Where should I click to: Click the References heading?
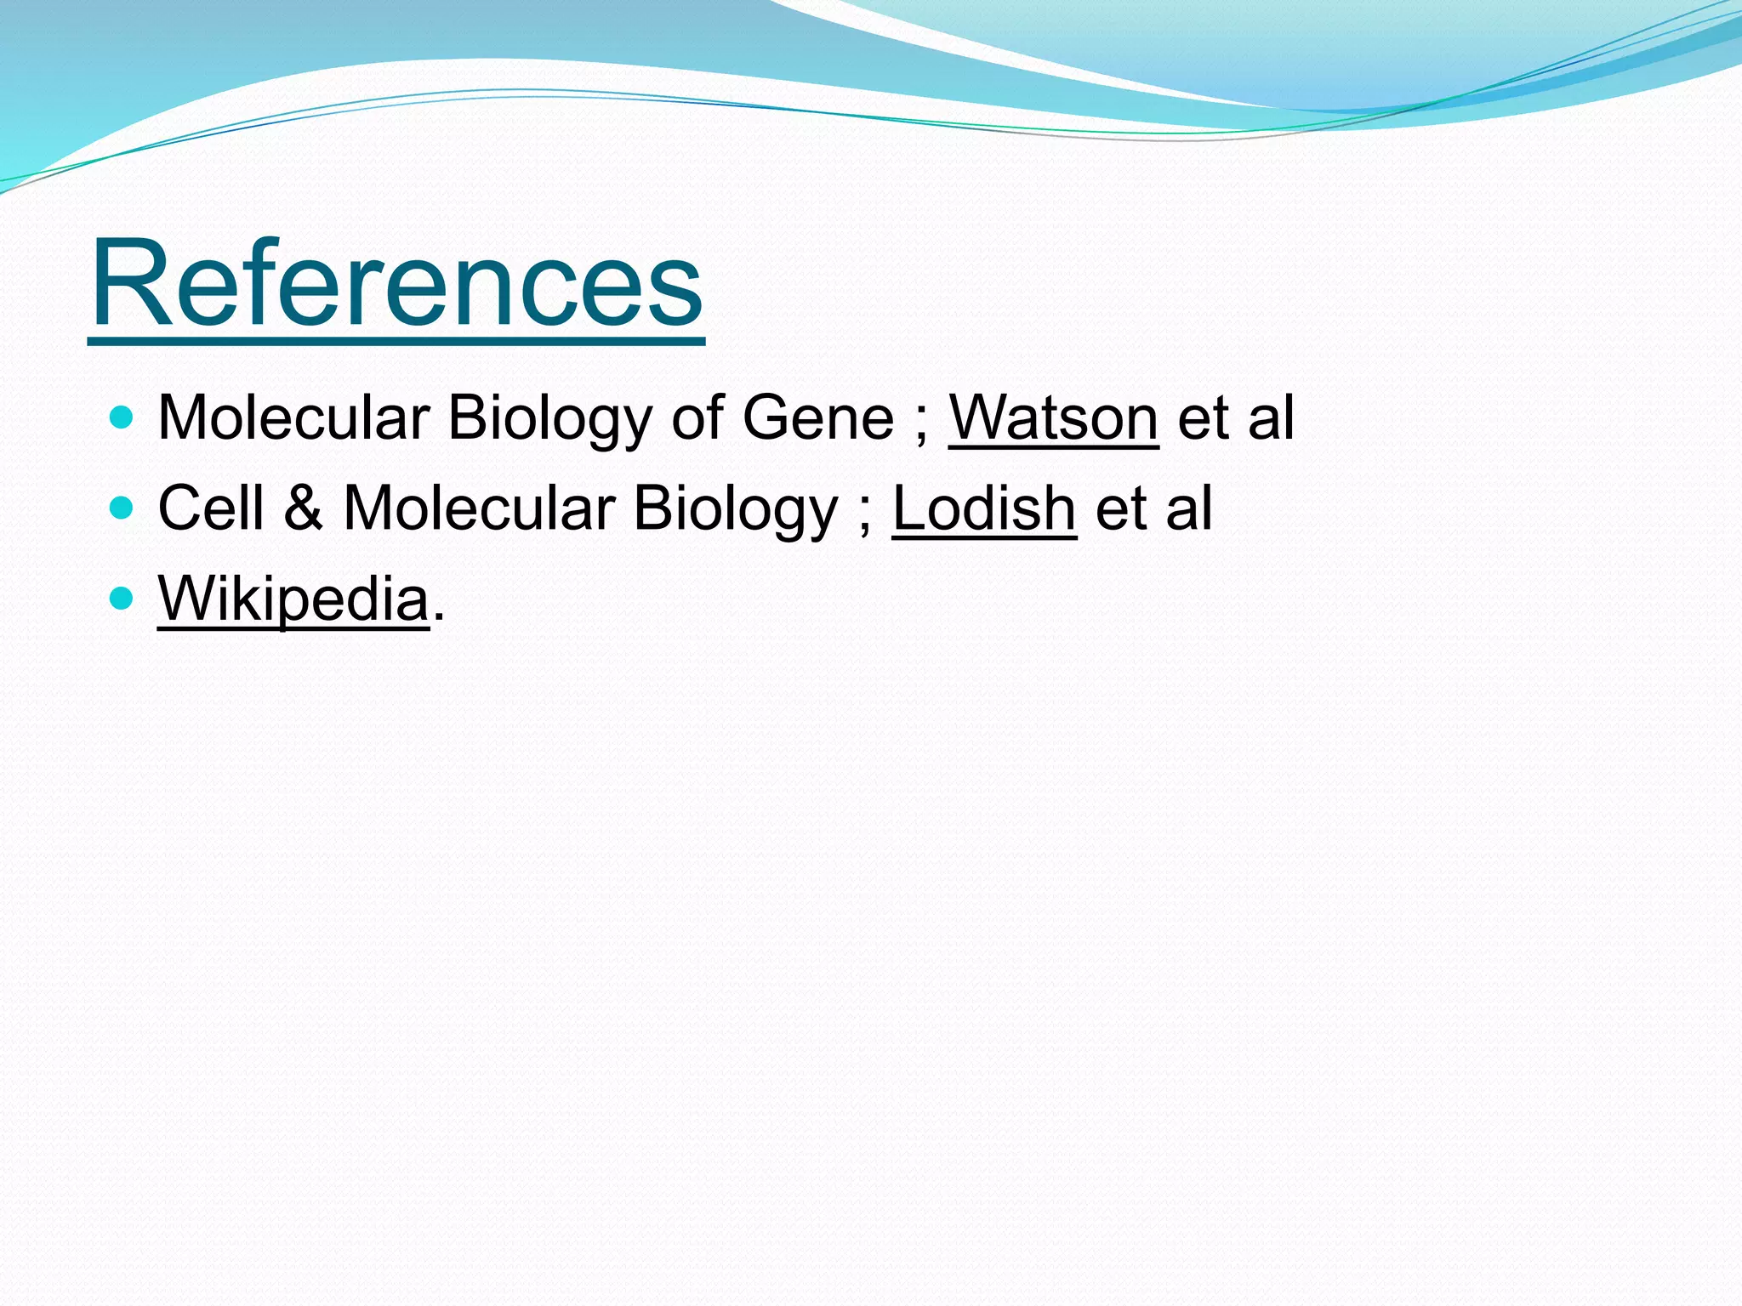396,283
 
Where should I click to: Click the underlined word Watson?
1053,417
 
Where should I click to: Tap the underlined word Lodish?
984,508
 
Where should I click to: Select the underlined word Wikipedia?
293,599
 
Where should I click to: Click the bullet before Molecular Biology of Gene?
122,417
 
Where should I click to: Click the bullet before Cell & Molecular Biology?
122,508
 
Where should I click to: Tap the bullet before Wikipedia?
122,599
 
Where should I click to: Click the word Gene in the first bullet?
817,417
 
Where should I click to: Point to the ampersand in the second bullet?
304,508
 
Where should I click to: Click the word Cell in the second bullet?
211,508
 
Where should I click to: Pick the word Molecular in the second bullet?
479,508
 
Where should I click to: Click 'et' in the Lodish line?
1120,509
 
